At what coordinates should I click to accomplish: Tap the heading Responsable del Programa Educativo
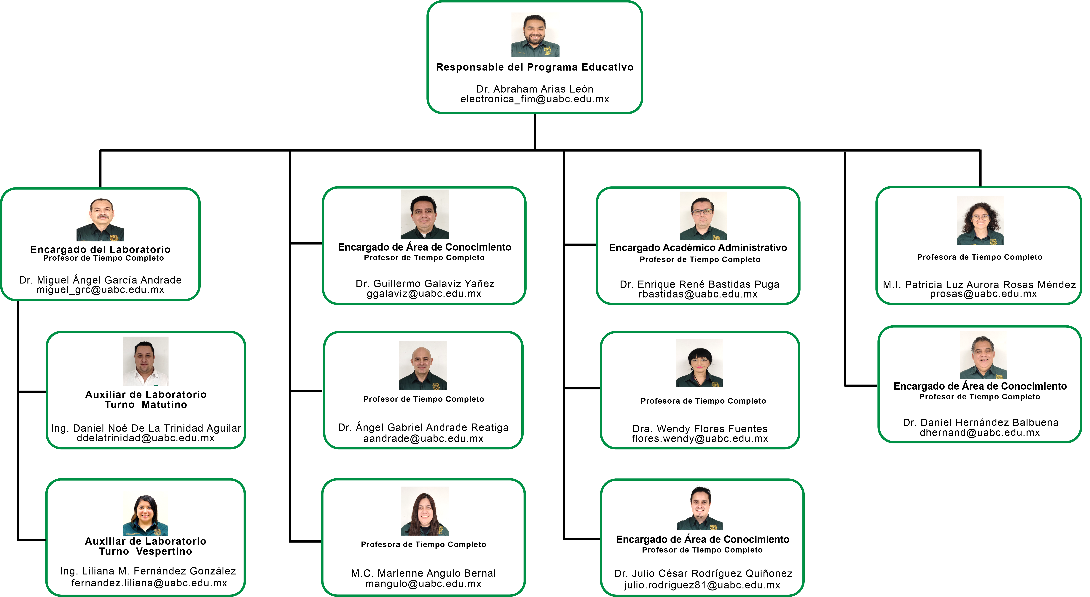535,67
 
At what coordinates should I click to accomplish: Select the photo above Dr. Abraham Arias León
535,35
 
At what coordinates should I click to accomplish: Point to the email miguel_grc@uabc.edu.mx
100,290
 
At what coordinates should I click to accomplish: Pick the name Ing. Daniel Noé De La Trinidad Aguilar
146,428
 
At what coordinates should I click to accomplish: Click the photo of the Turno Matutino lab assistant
146,361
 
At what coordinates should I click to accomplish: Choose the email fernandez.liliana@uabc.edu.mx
149,583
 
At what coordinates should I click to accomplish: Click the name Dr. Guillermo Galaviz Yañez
425,284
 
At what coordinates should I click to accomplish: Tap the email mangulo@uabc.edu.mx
424,584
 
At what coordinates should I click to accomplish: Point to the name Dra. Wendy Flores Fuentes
700,429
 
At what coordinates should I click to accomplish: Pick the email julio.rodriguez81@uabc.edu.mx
702,585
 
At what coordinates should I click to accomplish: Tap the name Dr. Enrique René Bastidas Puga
699,284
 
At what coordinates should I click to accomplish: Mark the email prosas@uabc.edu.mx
983,294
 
